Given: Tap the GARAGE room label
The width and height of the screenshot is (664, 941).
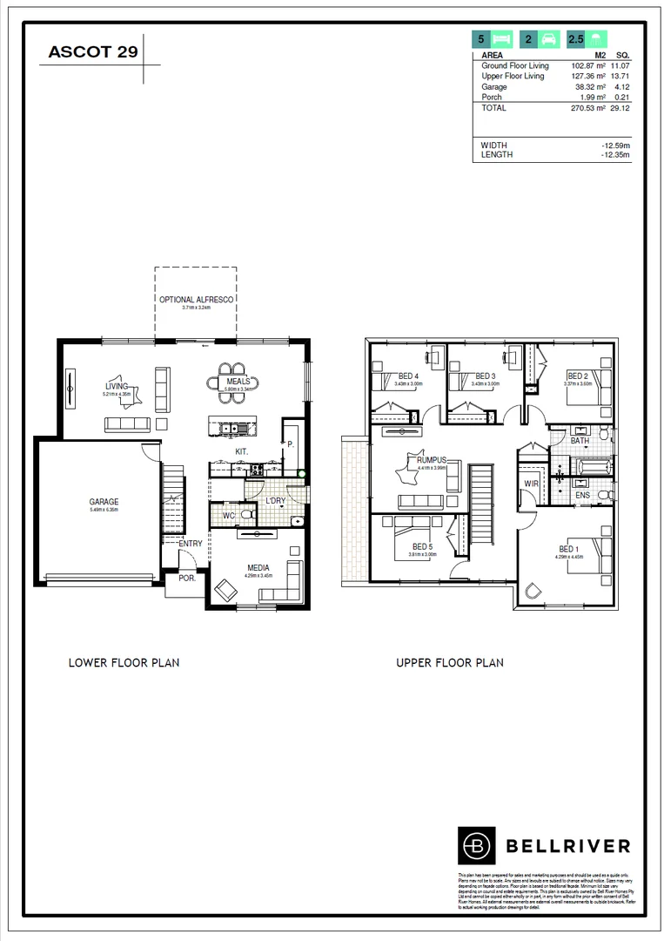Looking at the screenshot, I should (x=104, y=502).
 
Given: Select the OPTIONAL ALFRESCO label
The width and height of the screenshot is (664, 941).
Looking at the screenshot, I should (x=195, y=300).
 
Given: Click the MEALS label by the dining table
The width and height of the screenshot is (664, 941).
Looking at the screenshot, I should (x=238, y=382).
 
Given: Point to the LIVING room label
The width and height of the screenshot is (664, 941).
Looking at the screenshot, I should (x=117, y=386).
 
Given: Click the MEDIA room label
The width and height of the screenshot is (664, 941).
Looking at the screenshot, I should (x=257, y=568).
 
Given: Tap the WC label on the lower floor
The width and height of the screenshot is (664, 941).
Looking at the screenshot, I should (x=228, y=516).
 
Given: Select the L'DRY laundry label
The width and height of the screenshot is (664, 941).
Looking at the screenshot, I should (x=276, y=500).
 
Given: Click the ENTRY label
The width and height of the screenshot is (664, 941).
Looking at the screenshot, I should (x=190, y=545).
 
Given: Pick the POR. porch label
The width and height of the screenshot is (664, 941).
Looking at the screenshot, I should (x=186, y=578).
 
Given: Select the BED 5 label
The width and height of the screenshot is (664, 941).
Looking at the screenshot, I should (x=422, y=547).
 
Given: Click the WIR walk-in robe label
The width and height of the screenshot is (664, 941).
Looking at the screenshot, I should (x=531, y=483).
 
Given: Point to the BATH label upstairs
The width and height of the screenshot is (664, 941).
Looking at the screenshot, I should (x=580, y=442).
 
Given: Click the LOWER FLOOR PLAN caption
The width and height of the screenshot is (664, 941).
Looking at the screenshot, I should (x=124, y=663).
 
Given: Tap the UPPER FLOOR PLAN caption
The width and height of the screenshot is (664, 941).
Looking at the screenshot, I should (x=450, y=663).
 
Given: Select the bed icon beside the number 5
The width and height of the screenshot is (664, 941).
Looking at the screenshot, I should (x=502, y=39).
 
